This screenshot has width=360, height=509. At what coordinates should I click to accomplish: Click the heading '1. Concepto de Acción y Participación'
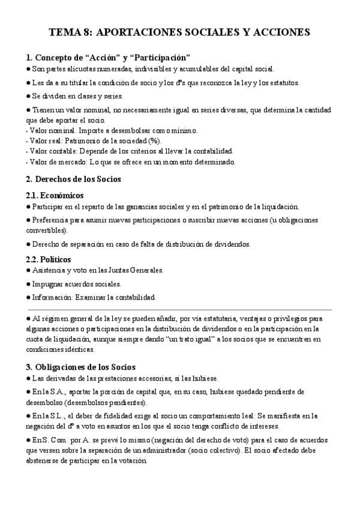click(x=108, y=58)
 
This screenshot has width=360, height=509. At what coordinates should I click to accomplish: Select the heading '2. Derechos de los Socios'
click(x=74, y=179)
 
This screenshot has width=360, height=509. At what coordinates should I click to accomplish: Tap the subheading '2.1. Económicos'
click(x=55, y=196)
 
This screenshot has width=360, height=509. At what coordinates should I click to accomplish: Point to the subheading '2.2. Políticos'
click(x=49, y=259)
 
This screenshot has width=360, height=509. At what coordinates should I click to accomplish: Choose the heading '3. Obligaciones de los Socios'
click(x=81, y=367)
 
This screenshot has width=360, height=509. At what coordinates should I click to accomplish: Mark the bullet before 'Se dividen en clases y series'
click(x=28, y=95)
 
